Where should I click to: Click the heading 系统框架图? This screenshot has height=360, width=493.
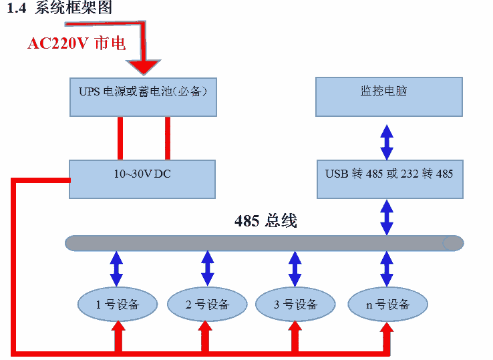pos(73,8)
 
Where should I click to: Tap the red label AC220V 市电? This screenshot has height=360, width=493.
pos(76,44)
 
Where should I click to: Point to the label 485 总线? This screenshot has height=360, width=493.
pos(265,221)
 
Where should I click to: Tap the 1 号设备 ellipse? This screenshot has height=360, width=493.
pos(118,305)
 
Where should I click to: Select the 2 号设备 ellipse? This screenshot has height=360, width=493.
pos(207,305)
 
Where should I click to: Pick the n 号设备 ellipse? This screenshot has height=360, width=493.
pos(387,305)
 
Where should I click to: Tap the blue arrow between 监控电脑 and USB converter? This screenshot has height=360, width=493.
pos(387,138)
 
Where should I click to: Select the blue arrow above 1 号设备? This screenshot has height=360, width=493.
pos(117,268)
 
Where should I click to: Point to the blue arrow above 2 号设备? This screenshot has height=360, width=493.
pos(207,268)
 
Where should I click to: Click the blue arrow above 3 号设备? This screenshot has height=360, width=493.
pos(294,268)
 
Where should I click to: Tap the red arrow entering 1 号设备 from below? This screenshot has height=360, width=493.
pos(118,334)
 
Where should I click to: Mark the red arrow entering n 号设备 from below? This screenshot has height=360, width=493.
pos(386,334)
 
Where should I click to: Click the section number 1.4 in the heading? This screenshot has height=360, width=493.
pos(16,8)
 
